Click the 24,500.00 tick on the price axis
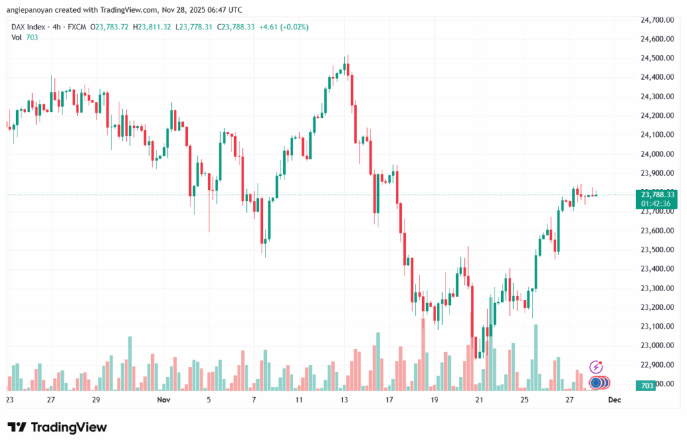click(x=657, y=58)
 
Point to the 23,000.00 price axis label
click(x=657, y=345)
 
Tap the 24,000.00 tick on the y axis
click(x=657, y=154)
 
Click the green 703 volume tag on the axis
click(x=647, y=386)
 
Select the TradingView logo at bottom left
click(x=57, y=427)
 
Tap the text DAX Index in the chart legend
click(x=29, y=27)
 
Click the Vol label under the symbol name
click(x=17, y=38)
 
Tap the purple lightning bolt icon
click(x=596, y=366)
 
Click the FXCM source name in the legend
click(x=78, y=27)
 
